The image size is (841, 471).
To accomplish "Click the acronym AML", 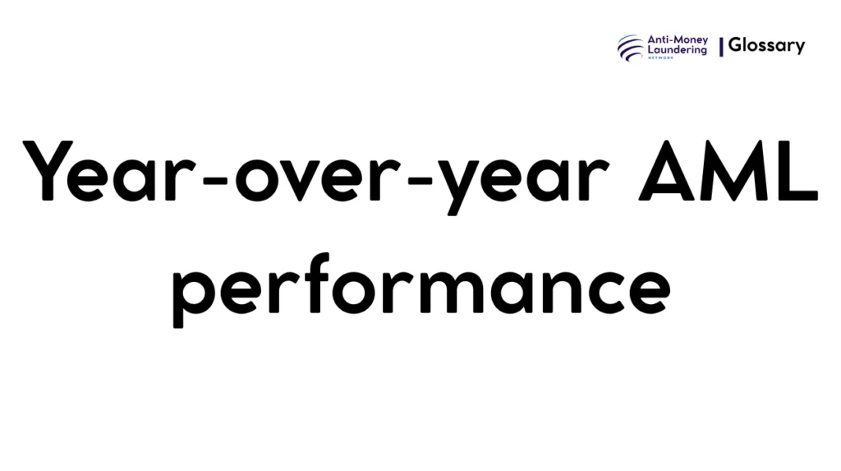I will click(x=728, y=173).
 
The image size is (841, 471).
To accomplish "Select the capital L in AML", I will click(x=796, y=173).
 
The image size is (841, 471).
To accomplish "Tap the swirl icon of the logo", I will click(x=631, y=47).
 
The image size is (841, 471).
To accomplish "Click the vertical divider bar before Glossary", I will click(x=721, y=47).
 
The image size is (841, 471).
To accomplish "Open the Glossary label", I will click(x=766, y=46).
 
